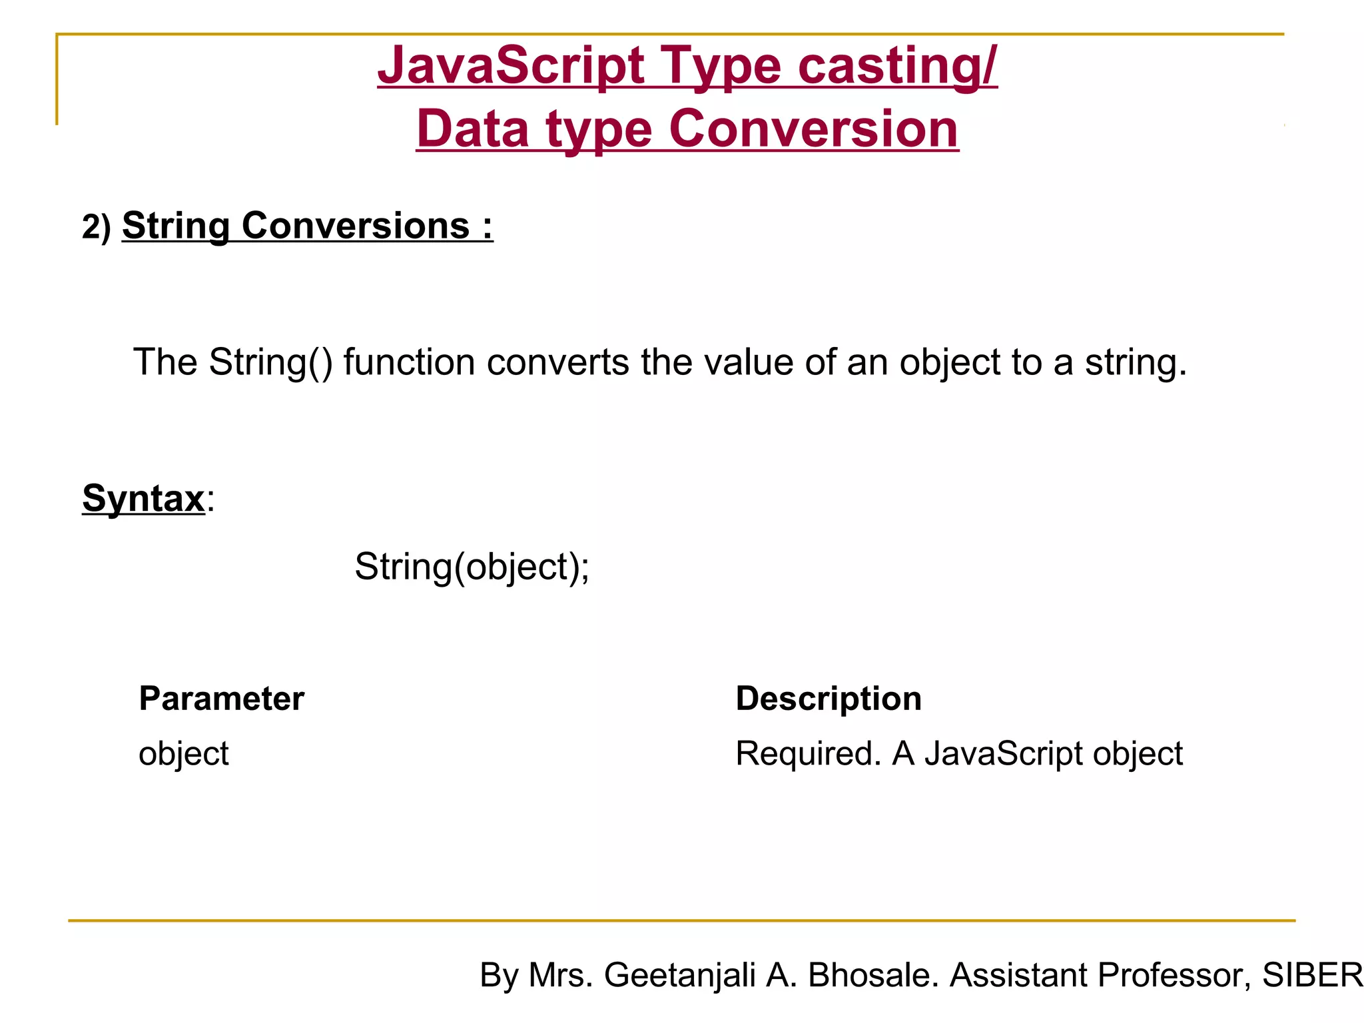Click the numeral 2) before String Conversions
97,227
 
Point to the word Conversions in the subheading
355,226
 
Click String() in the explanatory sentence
270,362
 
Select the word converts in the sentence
557,362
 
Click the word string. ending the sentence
1136,364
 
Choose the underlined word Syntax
143,498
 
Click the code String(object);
472,567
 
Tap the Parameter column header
222,699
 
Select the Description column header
829,699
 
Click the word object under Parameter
184,755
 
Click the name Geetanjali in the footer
679,976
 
